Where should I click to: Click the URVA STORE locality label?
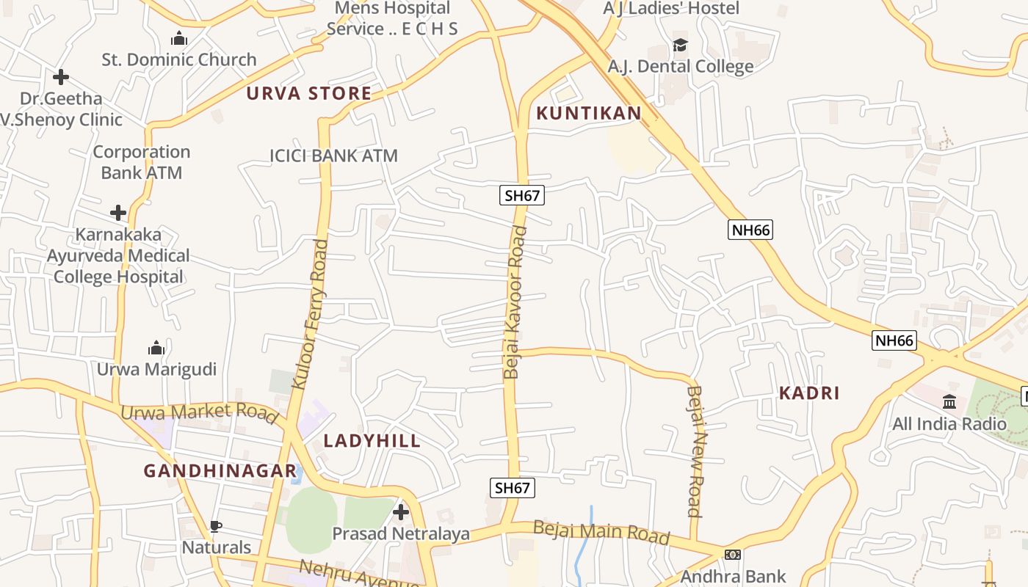(308, 93)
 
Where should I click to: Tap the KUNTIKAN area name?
(588, 113)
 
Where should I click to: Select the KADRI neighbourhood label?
(809, 393)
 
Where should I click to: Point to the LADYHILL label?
(372, 440)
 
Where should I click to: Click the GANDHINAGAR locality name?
(220, 471)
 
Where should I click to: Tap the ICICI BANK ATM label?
(333, 156)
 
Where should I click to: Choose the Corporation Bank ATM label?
(142, 162)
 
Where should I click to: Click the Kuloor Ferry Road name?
(309, 313)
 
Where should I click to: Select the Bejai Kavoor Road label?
(515, 302)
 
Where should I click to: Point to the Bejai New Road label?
(695, 451)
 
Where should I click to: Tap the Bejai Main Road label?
(601, 532)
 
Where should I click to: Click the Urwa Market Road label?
(199, 413)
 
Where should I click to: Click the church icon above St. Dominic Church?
(178, 39)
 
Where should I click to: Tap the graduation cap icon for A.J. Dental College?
(681, 45)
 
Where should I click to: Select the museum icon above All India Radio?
(949, 402)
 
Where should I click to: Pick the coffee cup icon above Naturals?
(216, 526)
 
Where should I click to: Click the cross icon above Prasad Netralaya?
(401, 511)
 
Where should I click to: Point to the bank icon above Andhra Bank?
(732, 555)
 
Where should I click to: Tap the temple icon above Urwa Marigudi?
(156, 348)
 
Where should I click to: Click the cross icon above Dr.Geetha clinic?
(61, 76)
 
